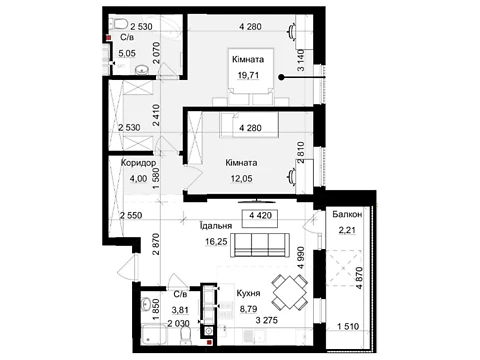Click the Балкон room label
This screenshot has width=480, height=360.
pyautogui.click(x=347, y=214)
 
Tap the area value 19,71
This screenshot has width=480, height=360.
pyautogui.click(x=248, y=75)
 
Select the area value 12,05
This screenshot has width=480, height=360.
pyautogui.click(x=241, y=179)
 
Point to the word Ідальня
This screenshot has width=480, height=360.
pyautogui.click(x=216, y=226)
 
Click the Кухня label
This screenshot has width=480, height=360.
pyautogui.click(x=248, y=293)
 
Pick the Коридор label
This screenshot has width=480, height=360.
pyautogui.click(x=138, y=163)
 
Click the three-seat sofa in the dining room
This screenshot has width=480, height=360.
pyautogui.click(x=260, y=245)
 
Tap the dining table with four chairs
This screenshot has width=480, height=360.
pyautogui.click(x=289, y=292)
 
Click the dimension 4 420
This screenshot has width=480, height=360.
pyautogui.click(x=261, y=215)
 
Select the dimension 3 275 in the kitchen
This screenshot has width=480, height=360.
pyautogui.click(x=266, y=320)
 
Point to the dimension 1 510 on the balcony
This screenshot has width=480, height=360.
pyautogui.click(x=348, y=326)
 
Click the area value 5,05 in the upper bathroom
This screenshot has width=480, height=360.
pyautogui.click(x=127, y=53)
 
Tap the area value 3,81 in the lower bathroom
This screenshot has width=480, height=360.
pyautogui.click(x=180, y=310)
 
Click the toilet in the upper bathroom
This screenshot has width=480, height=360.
pyautogui.click(x=121, y=24)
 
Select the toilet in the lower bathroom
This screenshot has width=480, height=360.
pyautogui.click(x=185, y=334)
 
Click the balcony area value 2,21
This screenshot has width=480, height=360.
pyautogui.click(x=347, y=230)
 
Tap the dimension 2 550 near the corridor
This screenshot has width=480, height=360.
pyautogui.click(x=131, y=215)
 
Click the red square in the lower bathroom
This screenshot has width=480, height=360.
pyautogui.click(x=209, y=342)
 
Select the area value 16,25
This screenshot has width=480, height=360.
pyautogui.click(x=216, y=241)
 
